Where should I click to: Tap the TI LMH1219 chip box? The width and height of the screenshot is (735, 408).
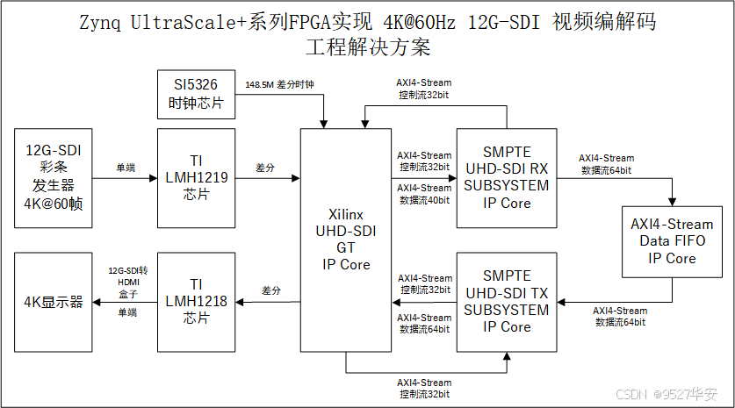(x=197, y=178)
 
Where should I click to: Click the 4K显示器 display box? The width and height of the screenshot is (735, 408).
(x=54, y=301)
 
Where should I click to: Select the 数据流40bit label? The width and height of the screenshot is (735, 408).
(x=424, y=200)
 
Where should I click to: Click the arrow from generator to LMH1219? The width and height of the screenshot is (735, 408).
(x=125, y=179)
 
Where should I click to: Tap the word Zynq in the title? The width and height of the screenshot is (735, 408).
(x=103, y=22)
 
